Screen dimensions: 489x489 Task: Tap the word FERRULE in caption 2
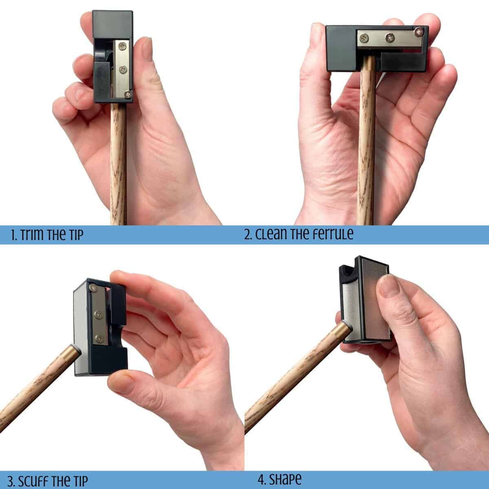click(332, 234)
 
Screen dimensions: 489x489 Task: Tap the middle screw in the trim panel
click(124, 69)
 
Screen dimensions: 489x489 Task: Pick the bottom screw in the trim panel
click(128, 95)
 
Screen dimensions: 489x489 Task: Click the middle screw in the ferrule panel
click(390, 38)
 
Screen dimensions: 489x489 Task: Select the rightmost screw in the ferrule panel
click(419, 32)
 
